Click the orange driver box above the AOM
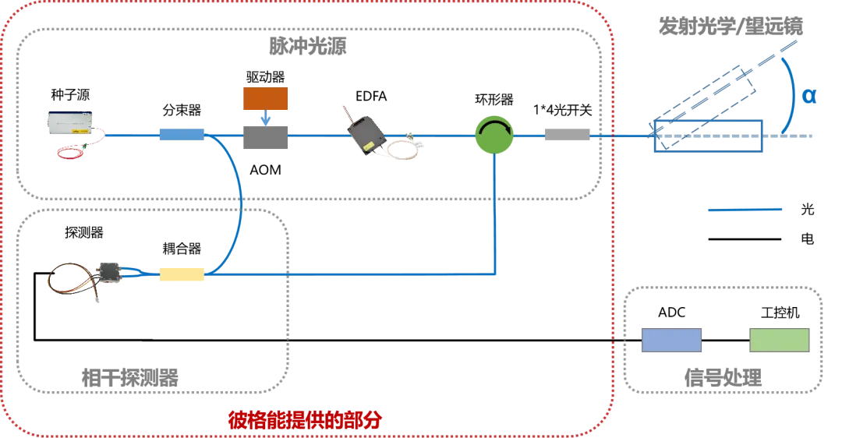265,99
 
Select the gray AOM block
265,137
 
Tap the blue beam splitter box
182,134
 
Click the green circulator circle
494,135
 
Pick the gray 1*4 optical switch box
567,135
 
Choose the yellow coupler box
182,274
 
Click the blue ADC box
671,341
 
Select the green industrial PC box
779,341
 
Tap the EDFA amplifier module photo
381,133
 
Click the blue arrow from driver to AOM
265,118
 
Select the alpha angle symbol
808,96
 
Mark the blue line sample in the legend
745,210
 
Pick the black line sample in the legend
745,238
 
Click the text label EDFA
371,96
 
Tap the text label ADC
672,313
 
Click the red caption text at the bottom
305,420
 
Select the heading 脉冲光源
308,46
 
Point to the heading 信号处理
723,378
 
